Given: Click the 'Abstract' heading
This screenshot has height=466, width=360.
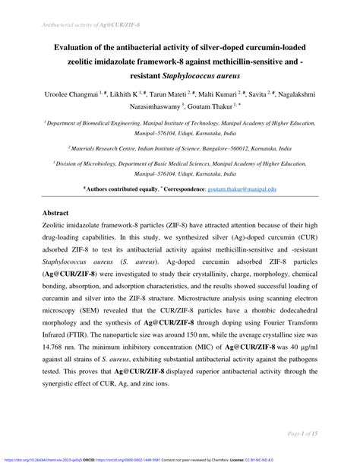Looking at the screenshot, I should click(58, 215).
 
